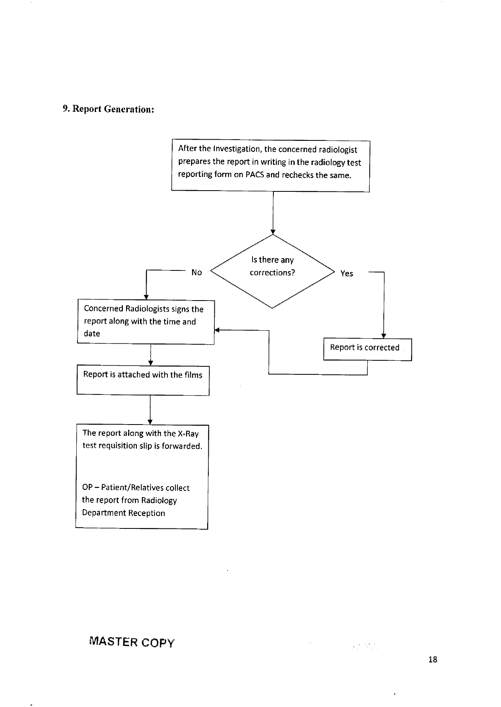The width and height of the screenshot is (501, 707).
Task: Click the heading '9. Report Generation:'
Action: click(x=108, y=109)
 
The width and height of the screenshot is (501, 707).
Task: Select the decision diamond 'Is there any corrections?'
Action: click(x=273, y=271)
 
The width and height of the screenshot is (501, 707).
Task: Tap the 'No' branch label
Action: click(x=197, y=272)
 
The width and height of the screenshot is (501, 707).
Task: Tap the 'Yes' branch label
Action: click(x=347, y=274)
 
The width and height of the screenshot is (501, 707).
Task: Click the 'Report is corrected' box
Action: click(x=368, y=349)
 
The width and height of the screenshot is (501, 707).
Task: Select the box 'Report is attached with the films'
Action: click(x=143, y=380)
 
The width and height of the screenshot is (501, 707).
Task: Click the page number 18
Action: click(x=433, y=659)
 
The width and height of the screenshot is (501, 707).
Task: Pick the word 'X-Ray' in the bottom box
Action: click(x=188, y=433)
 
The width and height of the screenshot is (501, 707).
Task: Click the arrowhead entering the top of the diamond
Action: click(x=273, y=232)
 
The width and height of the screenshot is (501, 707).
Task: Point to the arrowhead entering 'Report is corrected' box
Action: click(x=384, y=336)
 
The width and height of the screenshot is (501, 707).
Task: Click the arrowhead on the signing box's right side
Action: click(x=216, y=330)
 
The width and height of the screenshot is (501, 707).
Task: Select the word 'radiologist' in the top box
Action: click(x=338, y=150)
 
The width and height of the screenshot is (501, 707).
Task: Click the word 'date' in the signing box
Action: click(x=92, y=333)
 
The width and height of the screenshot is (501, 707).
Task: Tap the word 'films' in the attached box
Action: click(x=193, y=375)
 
